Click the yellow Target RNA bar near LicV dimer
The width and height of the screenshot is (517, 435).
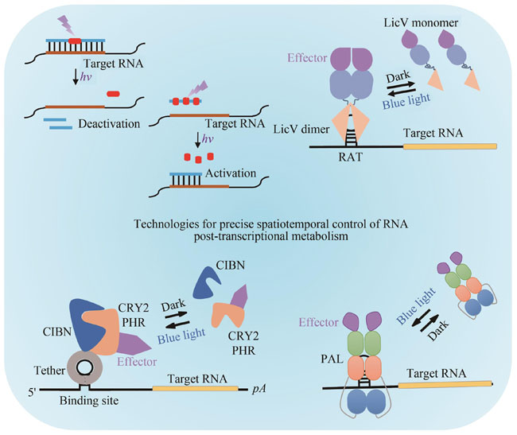[x=449, y=146]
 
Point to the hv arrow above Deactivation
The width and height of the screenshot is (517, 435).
[x=76, y=76]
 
